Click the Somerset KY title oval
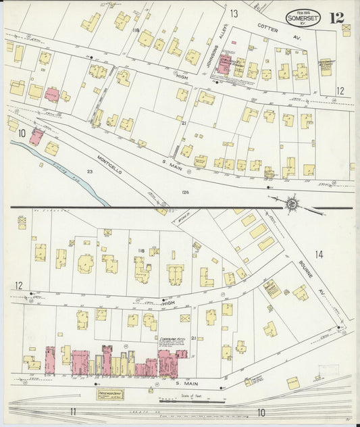coord(303,18)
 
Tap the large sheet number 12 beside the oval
coord(336,18)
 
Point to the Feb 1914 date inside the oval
coord(303,12)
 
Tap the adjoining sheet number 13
coord(234,14)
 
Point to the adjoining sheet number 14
coord(319,255)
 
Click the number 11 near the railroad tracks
coord(72,411)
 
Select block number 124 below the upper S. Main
coord(184,193)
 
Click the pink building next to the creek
coord(36,137)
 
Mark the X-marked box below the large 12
coord(346,30)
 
